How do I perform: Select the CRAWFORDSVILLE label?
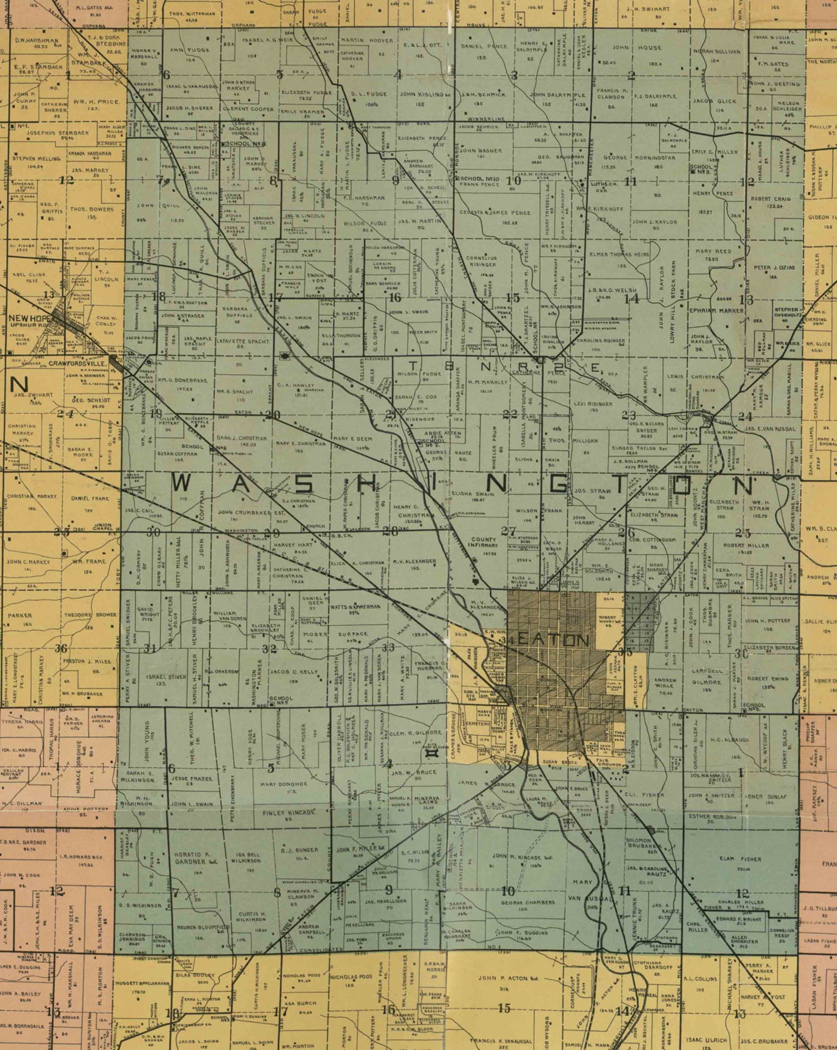click(x=78, y=363)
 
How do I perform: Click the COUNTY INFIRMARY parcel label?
click(x=484, y=542)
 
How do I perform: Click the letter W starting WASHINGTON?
click(x=182, y=484)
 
